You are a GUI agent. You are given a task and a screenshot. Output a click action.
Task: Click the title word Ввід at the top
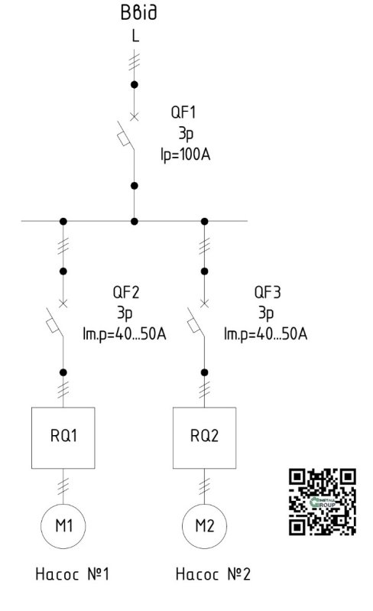[138, 12]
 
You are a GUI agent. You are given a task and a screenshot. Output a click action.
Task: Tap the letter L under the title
[135, 36]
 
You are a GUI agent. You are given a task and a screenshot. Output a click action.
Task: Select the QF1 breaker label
[183, 112]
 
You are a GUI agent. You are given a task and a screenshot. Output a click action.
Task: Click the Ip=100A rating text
[185, 154]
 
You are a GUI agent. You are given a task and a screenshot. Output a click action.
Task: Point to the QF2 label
[126, 292]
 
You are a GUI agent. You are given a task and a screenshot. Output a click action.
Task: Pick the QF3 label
[267, 292]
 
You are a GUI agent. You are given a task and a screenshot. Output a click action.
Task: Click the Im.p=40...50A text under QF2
[125, 334]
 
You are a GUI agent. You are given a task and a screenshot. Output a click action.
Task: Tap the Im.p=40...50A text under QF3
[265, 334]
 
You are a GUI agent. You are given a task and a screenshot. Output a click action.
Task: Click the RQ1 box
[63, 437]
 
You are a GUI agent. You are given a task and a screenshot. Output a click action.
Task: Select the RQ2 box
[204, 437]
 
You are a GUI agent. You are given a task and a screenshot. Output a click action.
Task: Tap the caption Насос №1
[73, 574]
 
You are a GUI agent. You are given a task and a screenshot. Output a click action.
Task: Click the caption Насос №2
[213, 574]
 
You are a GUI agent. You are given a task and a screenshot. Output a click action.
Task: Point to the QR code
[323, 502]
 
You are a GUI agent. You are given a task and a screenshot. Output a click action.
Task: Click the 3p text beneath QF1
[186, 133]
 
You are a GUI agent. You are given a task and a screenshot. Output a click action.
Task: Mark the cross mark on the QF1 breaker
[134, 116]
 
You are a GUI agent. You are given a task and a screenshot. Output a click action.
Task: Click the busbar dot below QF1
[135, 221]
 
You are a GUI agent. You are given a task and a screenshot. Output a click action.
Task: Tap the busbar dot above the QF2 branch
[63, 221]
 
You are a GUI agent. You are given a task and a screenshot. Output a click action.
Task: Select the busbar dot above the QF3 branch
[204, 221]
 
